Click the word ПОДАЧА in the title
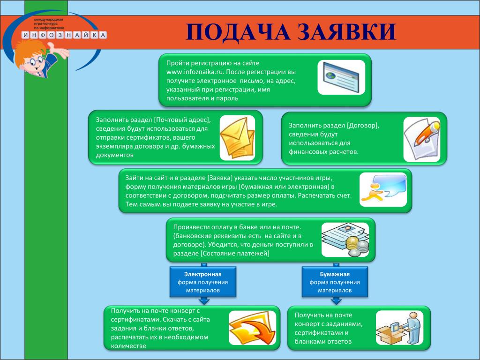(x=238, y=32)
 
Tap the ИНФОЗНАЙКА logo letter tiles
(x=64, y=35)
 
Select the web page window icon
(x=341, y=77)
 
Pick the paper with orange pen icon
(x=422, y=139)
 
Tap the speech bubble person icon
(x=383, y=189)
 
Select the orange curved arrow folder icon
(x=252, y=328)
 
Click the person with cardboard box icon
(x=399, y=328)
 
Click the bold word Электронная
(x=202, y=274)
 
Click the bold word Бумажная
(x=335, y=274)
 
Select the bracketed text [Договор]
(x=363, y=126)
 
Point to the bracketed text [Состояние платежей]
(x=235, y=254)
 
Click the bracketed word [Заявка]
(x=220, y=178)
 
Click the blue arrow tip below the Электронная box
(x=203, y=304)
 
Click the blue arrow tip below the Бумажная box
(x=336, y=304)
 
